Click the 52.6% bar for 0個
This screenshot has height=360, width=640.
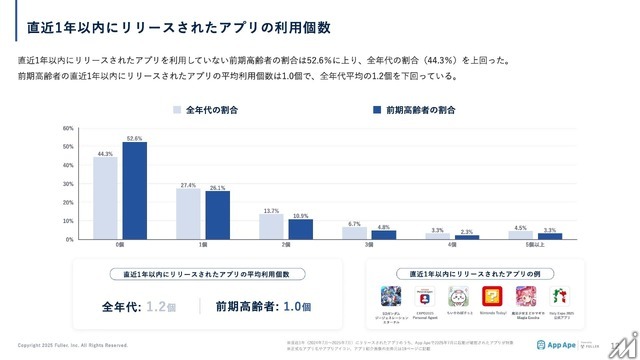pyautogui.click(x=135, y=191)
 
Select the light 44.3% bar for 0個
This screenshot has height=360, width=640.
pyautogui.click(x=106, y=198)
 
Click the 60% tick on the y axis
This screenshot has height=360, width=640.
pyautogui.click(x=69, y=128)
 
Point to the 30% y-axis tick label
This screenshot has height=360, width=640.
pyautogui.click(x=69, y=184)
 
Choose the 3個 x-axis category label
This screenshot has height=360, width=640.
pyautogui.click(x=368, y=245)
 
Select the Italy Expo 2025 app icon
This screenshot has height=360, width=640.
pyautogui.click(x=563, y=297)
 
